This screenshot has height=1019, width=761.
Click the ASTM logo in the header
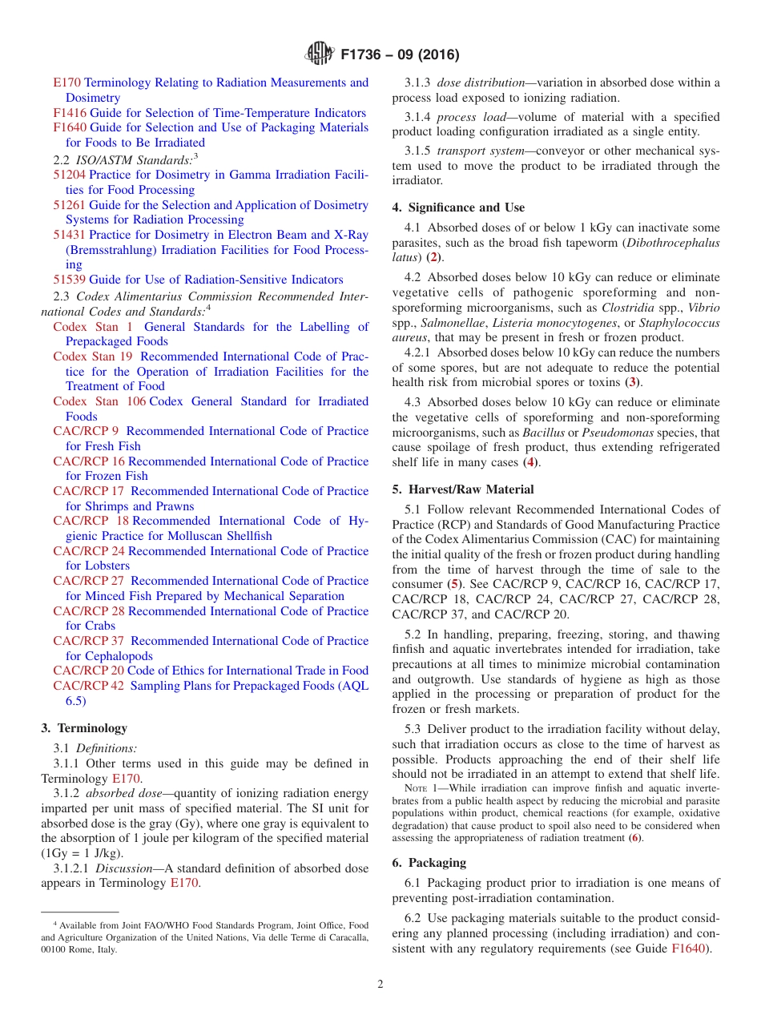pos(320,54)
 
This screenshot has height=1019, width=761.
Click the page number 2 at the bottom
pos(380,985)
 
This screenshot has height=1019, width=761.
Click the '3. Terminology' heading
pos(84,728)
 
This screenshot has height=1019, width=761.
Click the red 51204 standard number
pos(70,175)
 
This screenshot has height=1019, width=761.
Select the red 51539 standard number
pos(70,280)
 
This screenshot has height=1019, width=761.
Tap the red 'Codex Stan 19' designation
pos(93,356)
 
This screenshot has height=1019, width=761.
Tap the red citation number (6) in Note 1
pos(634,838)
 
